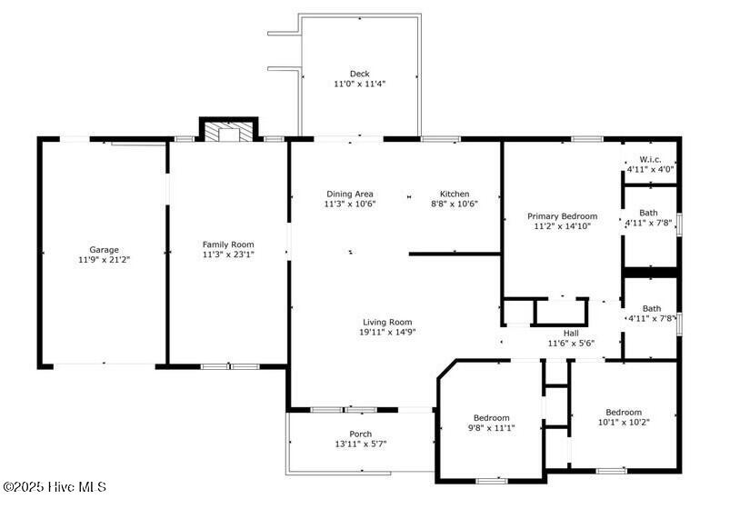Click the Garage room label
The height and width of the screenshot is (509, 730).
[104, 250]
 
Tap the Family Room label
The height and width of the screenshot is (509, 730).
[228, 245]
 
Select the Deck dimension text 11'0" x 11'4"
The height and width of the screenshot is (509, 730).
[360, 84]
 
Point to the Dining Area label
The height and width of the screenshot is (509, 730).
[350, 194]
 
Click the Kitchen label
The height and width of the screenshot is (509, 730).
[455, 194]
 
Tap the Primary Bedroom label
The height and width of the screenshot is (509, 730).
[562, 216]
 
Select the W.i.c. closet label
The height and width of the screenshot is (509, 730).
[650, 159]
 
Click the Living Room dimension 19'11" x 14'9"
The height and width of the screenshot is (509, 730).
[387, 332]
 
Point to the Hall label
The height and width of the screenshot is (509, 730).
[571, 333]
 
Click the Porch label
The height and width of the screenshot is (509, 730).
[360, 434]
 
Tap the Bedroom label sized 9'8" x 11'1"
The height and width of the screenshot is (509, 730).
[491, 418]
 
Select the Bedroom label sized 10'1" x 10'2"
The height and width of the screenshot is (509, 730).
[624, 412]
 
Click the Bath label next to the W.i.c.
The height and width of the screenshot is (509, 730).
[648, 213]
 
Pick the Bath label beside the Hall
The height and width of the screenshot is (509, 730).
[652, 308]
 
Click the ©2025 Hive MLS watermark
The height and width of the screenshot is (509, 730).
[55, 487]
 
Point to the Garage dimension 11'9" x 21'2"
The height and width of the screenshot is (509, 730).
[104, 260]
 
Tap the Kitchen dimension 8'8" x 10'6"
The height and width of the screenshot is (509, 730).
[455, 204]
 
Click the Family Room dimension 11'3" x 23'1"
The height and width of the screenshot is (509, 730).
[228, 254]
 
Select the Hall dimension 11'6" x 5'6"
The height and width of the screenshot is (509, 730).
[571, 344]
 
